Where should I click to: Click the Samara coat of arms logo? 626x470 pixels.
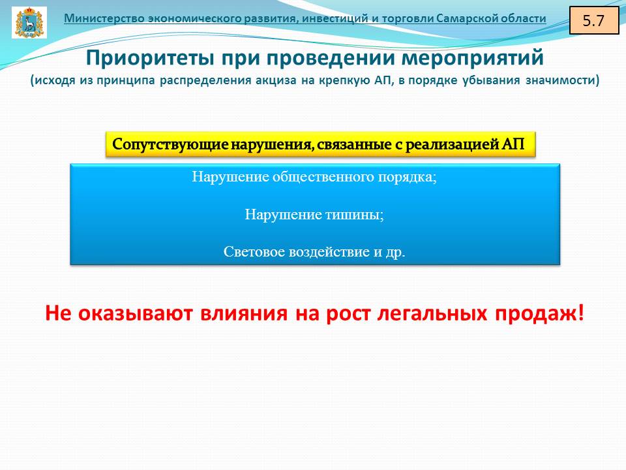pyautogui.click(x=29, y=22)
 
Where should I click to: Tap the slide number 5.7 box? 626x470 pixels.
pyautogui.click(x=593, y=20)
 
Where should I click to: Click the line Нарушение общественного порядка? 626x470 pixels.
pyautogui.click(x=314, y=177)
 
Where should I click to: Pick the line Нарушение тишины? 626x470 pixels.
pyautogui.click(x=314, y=215)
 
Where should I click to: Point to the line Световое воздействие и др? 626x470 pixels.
pyautogui.click(x=314, y=251)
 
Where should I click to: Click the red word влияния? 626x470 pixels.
pyautogui.click(x=243, y=313)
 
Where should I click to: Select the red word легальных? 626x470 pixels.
pyautogui.click(x=432, y=313)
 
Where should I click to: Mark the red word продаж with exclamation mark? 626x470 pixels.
pyautogui.click(x=539, y=313)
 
